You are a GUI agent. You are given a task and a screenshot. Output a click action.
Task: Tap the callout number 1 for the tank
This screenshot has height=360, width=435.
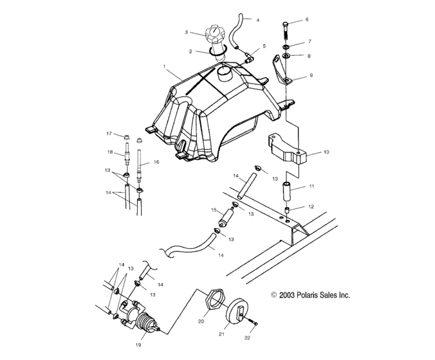(164, 67)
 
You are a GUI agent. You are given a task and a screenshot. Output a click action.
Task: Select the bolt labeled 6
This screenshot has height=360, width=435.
(286, 29)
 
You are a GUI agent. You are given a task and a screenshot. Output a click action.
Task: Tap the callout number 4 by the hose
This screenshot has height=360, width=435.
(258, 20)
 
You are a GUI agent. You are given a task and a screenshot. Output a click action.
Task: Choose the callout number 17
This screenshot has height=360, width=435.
(109, 134)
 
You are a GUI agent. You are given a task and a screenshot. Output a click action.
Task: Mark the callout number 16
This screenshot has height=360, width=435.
(155, 163)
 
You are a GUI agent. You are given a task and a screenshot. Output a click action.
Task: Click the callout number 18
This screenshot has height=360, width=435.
(109, 152)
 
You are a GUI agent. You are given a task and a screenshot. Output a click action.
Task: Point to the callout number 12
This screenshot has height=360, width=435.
(311, 208)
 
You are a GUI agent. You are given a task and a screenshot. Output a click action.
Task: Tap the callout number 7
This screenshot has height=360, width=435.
(309, 42)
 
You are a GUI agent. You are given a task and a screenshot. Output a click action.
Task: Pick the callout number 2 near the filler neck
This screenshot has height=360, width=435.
(190, 51)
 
